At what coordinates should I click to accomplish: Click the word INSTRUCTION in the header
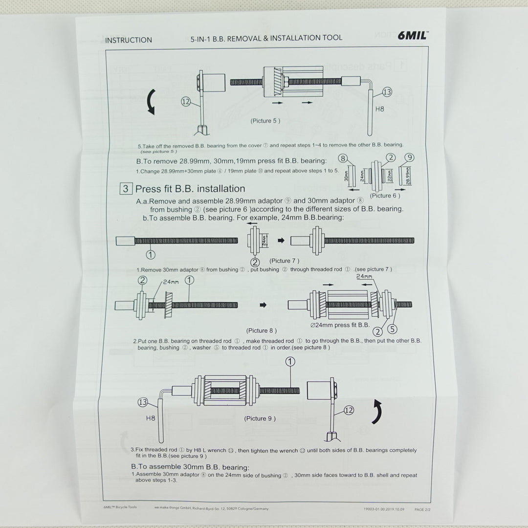click(129, 40)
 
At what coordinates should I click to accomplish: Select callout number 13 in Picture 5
click(387, 92)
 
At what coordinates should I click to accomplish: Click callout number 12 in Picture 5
click(185, 102)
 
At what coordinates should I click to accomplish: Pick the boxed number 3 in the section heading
click(126, 189)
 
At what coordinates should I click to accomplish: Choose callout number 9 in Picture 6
click(410, 157)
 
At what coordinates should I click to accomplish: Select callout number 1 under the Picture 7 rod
click(151, 254)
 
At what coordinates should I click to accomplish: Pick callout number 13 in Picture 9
click(143, 402)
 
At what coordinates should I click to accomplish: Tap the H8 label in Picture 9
click(151, 418)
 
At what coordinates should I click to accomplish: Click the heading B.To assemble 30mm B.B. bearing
click(190, 467)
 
